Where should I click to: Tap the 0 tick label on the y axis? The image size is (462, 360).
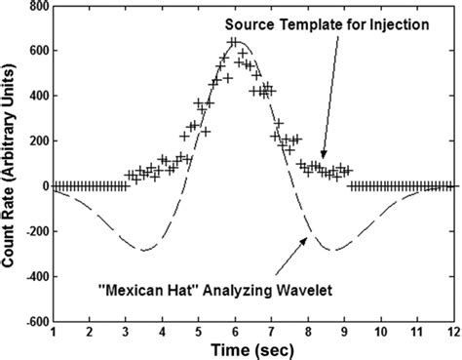(x=44, y=186)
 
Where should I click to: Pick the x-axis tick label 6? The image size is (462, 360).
(x=235, y=333)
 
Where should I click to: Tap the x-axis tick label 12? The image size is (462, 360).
(x=452, y=333)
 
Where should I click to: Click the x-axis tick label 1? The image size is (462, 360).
(x=54, y=333)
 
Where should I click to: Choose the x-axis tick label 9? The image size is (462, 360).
(x=344, y=333)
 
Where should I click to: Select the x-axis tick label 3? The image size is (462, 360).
(x=126, y=333)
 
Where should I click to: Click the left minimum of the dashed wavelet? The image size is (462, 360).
(x=144, y=251)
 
